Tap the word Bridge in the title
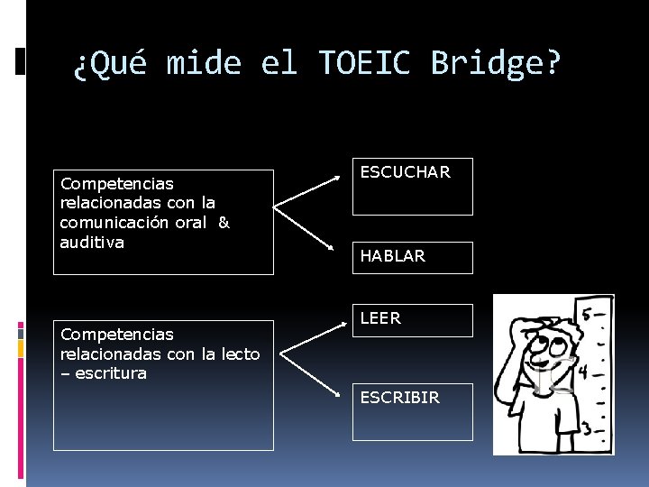[x=495, y=63]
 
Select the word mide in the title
[x=204, y=63]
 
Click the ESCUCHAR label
[x=405, y=172]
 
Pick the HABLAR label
[x=392, y=257]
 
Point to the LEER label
[x=380, y=318]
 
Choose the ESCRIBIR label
[x=399, y=398]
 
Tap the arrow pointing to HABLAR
[x=311, y=231]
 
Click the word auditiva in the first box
[x=91, y=243]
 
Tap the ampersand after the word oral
[x=224, y=223]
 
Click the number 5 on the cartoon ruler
[x=587, y=316]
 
